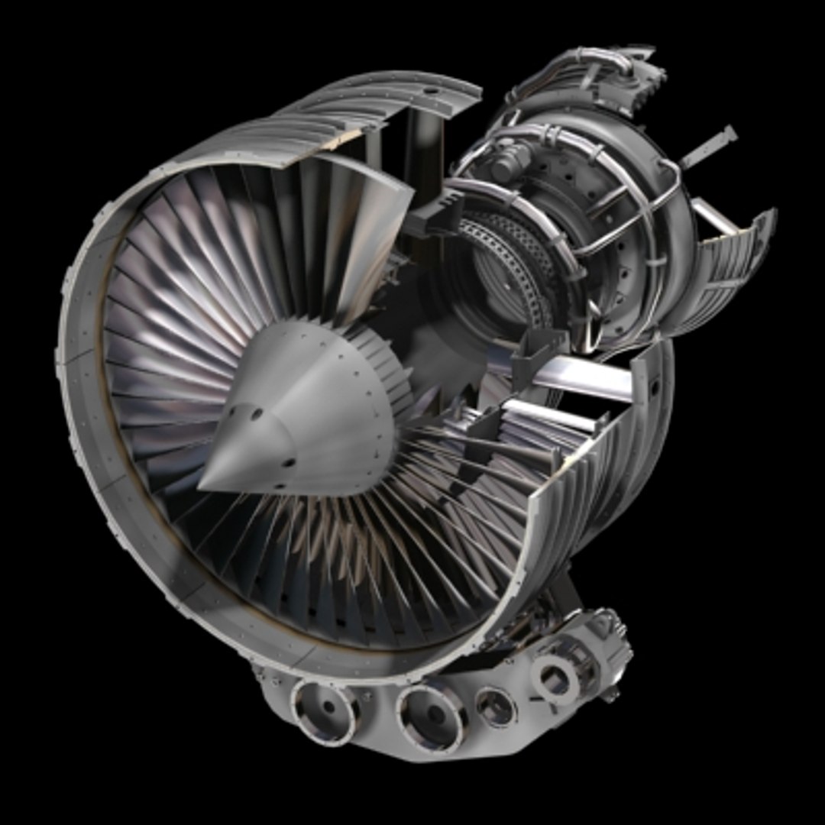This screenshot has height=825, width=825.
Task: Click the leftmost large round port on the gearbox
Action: click(325, 710)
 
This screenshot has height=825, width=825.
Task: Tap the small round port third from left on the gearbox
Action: click(497, 707)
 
